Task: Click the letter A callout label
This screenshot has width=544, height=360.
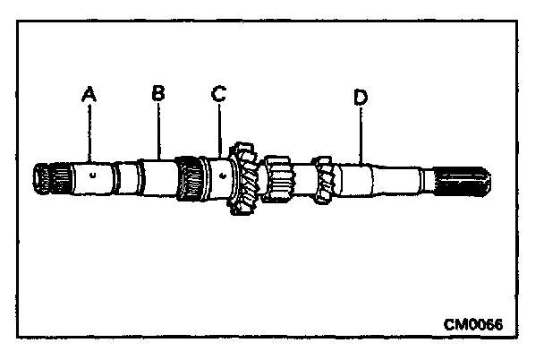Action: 88,92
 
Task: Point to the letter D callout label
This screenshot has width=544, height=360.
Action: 360,97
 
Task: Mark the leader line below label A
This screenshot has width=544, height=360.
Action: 89,130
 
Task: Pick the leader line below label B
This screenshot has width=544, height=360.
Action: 158,130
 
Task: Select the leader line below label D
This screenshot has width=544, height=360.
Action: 361,133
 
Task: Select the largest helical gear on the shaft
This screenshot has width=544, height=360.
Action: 243,177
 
